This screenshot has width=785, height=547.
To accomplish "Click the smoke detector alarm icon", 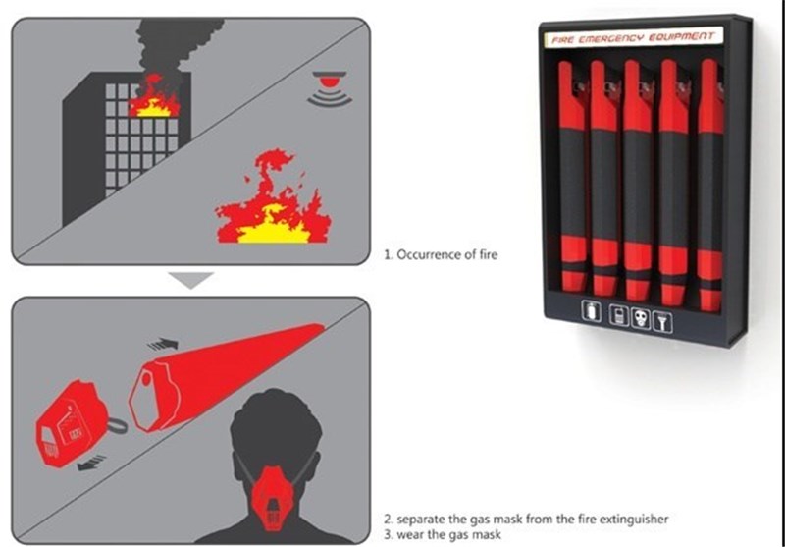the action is point(330,88).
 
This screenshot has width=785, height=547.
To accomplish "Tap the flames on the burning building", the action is point(154,96).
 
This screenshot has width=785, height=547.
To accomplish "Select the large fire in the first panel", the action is point(274,196).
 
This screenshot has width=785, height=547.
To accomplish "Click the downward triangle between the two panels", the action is point(190,280).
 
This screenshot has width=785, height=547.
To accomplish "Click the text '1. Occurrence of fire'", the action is point(441,254).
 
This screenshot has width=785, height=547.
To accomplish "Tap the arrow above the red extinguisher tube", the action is point(163,344).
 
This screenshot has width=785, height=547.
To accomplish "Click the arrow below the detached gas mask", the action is point(92,463).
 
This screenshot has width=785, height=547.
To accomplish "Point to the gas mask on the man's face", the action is point(274,498).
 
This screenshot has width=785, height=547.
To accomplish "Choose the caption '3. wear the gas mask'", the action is point(443,534).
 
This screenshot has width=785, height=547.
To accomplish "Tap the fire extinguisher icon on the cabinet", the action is point(592,312).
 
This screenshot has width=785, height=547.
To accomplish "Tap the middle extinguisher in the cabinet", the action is point(639,181).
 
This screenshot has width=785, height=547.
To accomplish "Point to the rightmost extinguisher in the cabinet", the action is point(710,185).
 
